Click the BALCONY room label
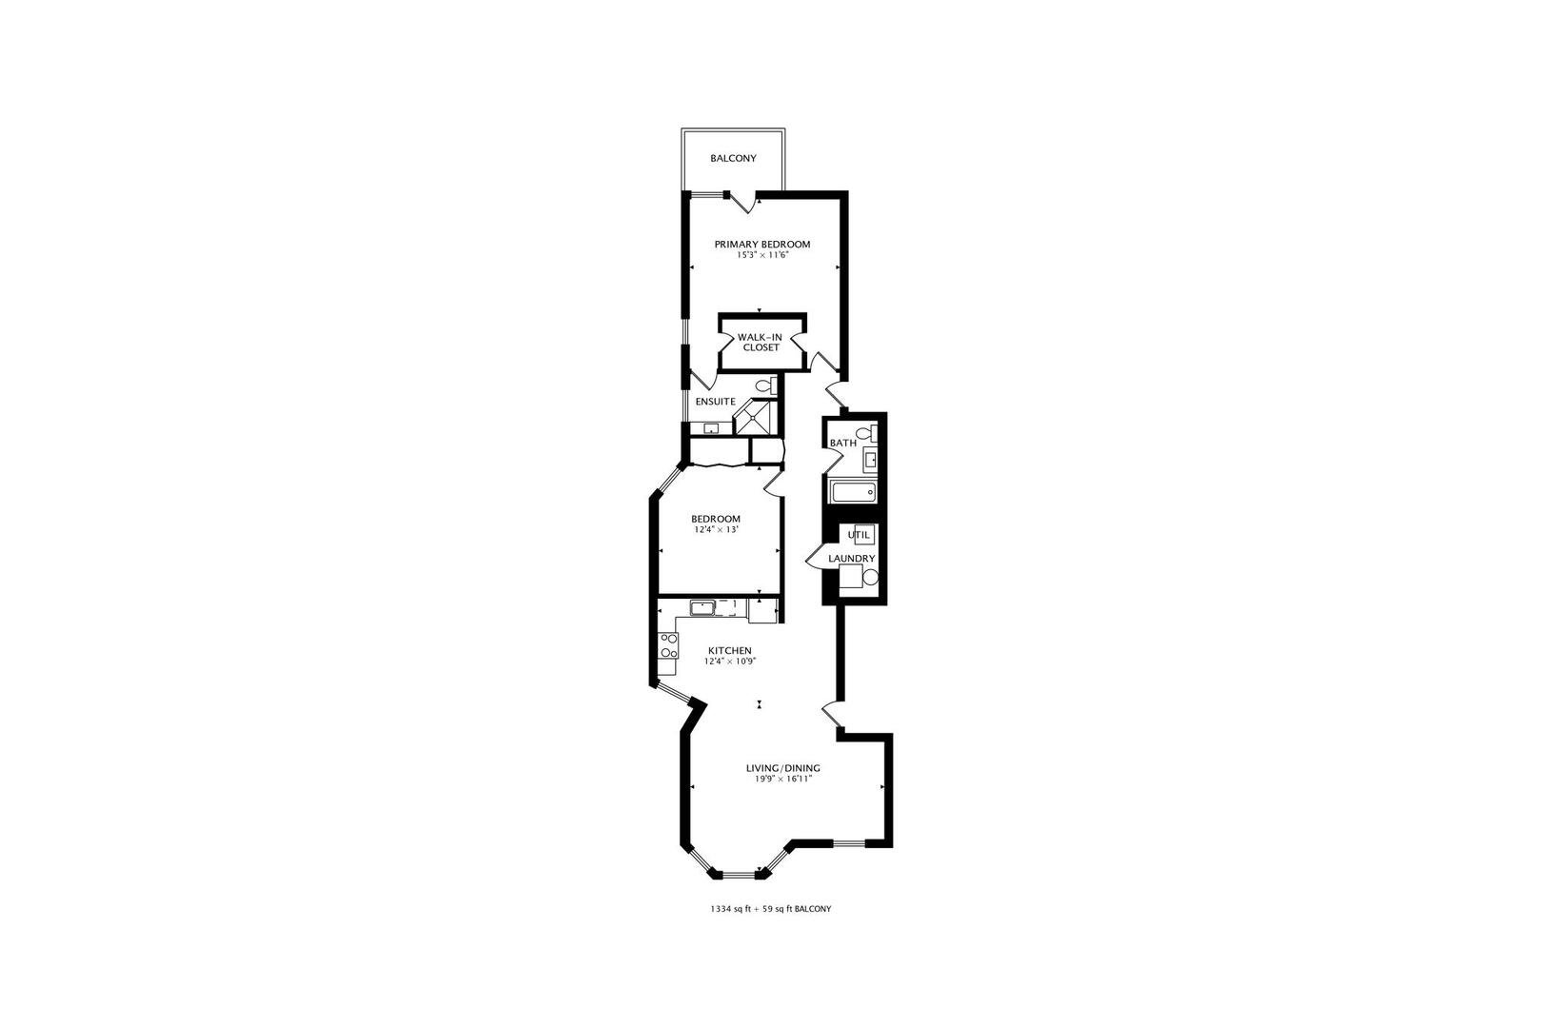(x=733, y=158)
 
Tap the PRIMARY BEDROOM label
(x=762, y=245)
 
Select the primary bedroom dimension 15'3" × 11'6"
(x=762, y=255)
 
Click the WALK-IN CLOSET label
(x=761, y=342)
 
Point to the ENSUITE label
(x=715, y=402)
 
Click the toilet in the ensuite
(x=763, y=385)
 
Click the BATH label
(x=842, y=444)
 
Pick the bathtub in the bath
(x=853, y=492)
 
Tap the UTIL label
(x=859, y=535)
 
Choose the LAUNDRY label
(x=851, y=559)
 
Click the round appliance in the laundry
(x=869, y=577)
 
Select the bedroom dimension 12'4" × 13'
(x=715, y=529)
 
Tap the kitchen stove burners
(x=667, y=646)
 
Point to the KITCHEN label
(x=729, y=651)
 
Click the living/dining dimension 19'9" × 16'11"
(x=782, y=780)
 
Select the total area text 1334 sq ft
(x=734, y=909)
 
